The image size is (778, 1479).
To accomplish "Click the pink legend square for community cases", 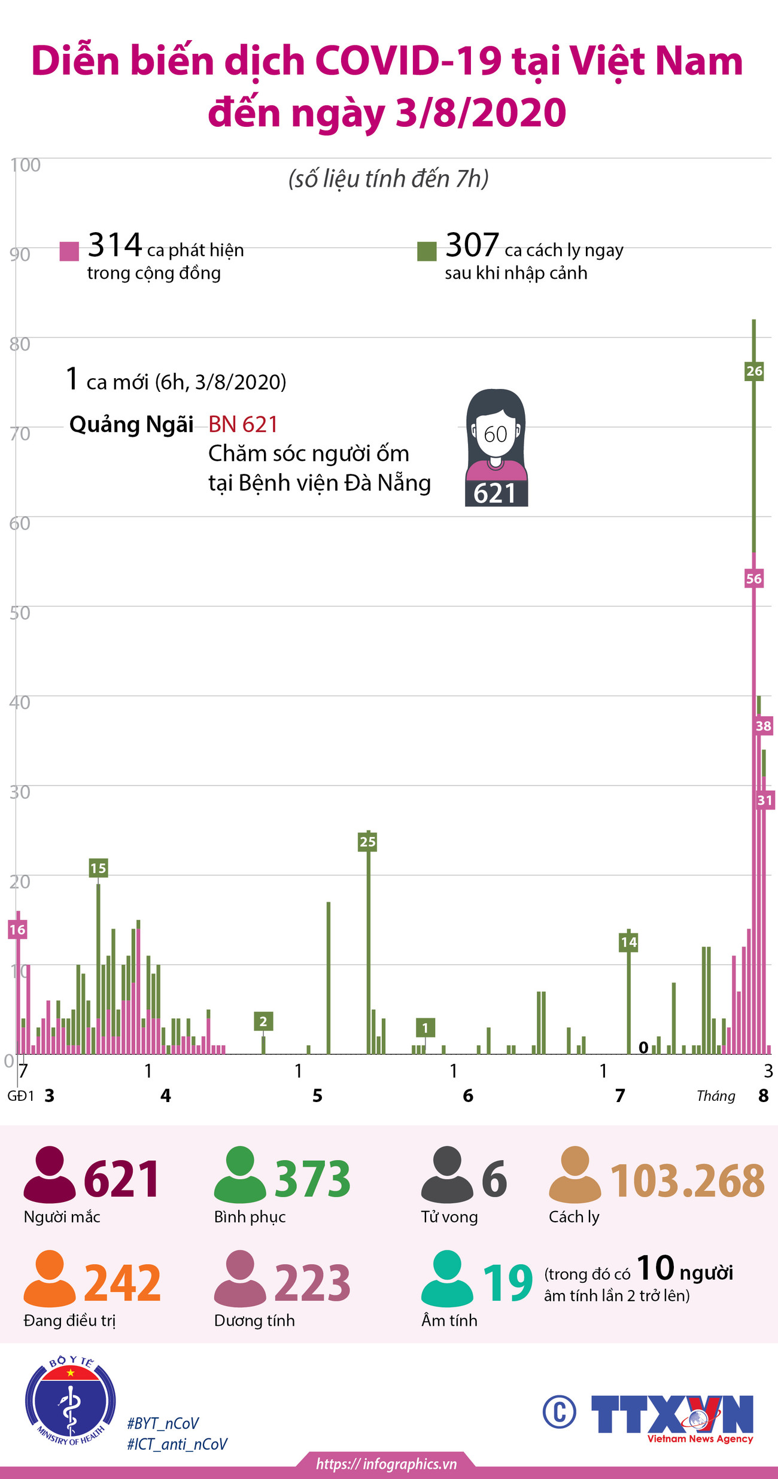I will click(x=69, y=251).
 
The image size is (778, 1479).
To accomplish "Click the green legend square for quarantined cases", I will click(x=427, y=251).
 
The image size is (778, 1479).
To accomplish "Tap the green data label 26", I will click(x=754, y=371).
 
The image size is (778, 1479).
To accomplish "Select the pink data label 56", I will click(x=754, y=579).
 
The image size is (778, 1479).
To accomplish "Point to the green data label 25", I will click(x=367, y=842).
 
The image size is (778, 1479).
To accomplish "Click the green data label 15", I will click(x=98, y=868).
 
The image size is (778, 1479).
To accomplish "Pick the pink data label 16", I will click(x=17, y=929).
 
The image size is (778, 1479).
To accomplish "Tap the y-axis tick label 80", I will click(x=20, y=344).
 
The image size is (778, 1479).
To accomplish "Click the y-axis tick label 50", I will click(x=20, y=613).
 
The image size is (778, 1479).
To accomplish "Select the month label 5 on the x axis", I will click(x=317, y=1095).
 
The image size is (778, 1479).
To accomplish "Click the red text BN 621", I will click(x=243, y=424).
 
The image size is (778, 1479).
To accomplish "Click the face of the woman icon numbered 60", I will click(x=496, y=434).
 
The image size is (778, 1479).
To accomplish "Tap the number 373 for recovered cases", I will click(x=312, y=1178).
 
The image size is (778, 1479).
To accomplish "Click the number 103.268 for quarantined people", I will click(x=687, y=1180).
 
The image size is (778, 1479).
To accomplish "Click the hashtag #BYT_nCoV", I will click(x=163, y=1423).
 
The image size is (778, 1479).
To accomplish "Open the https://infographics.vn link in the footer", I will click(x=387, y=1464).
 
